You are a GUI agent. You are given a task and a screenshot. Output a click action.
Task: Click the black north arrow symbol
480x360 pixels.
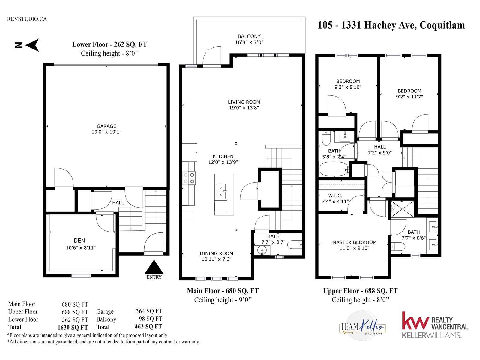33,45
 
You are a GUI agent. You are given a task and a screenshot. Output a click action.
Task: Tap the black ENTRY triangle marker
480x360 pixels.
154,267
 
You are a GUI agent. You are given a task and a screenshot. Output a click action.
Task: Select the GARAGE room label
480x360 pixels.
106,126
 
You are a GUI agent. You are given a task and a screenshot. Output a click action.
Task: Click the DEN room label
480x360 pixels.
79,241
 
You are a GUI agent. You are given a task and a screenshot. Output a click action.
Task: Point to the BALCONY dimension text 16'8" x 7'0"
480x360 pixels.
249,42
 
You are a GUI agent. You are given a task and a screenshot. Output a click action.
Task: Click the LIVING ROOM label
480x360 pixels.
244,102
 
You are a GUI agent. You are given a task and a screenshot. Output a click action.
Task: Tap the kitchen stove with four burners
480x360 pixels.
189,178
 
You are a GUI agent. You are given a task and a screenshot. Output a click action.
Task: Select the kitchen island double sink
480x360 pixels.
221,191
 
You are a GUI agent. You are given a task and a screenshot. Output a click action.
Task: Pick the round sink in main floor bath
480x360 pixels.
262,250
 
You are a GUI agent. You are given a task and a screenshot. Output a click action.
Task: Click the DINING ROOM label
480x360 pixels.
217,253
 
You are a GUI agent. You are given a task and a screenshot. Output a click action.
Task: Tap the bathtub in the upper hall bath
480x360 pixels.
334,169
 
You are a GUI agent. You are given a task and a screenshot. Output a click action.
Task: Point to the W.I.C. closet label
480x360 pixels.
335,196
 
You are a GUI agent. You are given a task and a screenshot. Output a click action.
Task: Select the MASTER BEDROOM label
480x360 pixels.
355,242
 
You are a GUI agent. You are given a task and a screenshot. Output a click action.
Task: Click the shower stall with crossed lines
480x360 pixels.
402,209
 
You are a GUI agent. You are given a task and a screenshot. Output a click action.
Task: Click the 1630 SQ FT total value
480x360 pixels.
73,327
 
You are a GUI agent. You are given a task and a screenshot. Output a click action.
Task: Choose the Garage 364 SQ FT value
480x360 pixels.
149,311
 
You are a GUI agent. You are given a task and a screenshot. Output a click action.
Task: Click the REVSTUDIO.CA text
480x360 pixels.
27,19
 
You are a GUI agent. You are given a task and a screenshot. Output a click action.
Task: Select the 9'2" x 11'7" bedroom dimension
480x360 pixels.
409,97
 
